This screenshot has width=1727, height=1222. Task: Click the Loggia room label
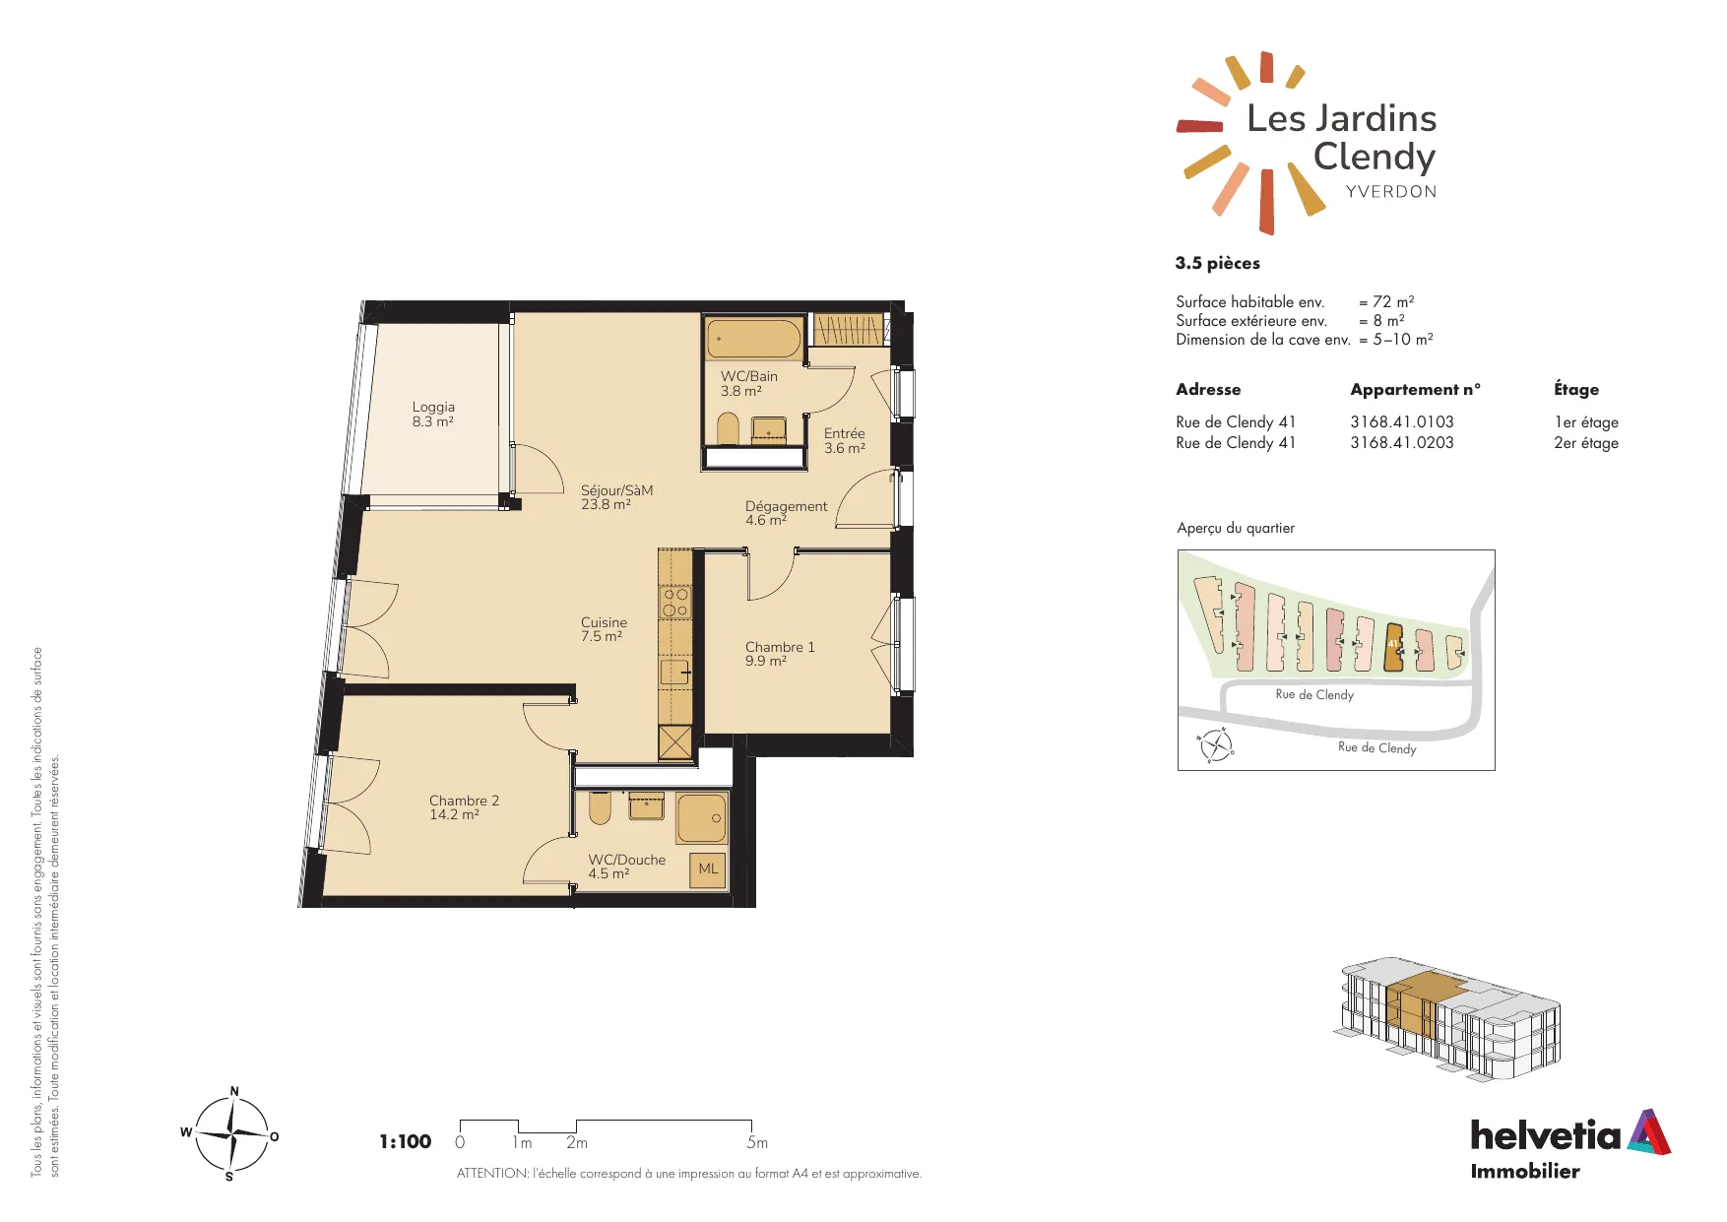[433, 414]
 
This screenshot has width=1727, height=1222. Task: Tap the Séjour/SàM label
[616, 497]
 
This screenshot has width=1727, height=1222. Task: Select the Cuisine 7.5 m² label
[604, 629]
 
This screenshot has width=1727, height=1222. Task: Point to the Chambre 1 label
[780, 654]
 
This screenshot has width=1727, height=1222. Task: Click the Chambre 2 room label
[464, 807]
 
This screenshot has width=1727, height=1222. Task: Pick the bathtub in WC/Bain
[754, 339]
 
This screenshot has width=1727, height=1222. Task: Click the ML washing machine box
[708, 869]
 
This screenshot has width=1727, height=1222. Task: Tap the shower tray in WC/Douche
[701, 818]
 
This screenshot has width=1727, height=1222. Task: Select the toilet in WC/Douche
[600, 807]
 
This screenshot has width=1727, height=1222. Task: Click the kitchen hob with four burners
[675, 602]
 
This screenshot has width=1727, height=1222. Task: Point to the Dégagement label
[786, 513]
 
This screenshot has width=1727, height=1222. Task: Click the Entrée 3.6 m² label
[845, 440]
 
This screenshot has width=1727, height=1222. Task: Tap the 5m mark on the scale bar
[756, 1142]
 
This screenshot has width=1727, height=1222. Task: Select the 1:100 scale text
[406, 1141]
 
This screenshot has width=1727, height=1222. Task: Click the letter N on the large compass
[234, 1091]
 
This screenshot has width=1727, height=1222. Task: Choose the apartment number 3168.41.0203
[1402, 443]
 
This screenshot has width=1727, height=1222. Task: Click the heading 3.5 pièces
[1217, 263]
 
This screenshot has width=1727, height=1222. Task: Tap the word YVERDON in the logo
[1391, 191]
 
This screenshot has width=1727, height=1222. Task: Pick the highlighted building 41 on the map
[1393, 647]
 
